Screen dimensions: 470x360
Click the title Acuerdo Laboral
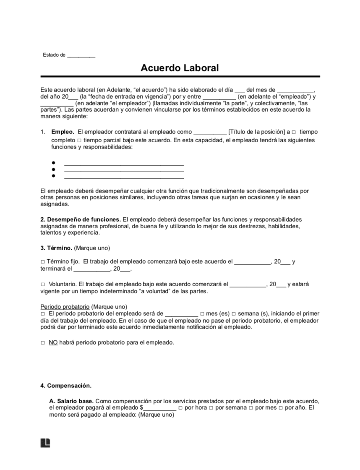point(180,68)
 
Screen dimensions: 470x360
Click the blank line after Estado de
point(81,55)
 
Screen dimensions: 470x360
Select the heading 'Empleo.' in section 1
point(63,132)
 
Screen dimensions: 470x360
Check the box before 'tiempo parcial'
point(79,140)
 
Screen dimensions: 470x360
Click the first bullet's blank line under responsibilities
point(124,163)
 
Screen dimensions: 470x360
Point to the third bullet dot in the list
point(54,175)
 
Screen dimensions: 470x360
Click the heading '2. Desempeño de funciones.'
point(81,219)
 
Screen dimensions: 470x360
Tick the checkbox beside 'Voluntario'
point(43,285)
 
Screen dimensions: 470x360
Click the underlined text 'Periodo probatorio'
point(65,307)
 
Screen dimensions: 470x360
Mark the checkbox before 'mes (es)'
point(203,314)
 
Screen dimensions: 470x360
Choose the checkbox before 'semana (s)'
point(234,314)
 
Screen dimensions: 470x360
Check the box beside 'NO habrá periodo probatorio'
point(43,343)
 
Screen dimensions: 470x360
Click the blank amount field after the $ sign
point(159,408)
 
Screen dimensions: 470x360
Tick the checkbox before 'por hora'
point(180,408)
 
